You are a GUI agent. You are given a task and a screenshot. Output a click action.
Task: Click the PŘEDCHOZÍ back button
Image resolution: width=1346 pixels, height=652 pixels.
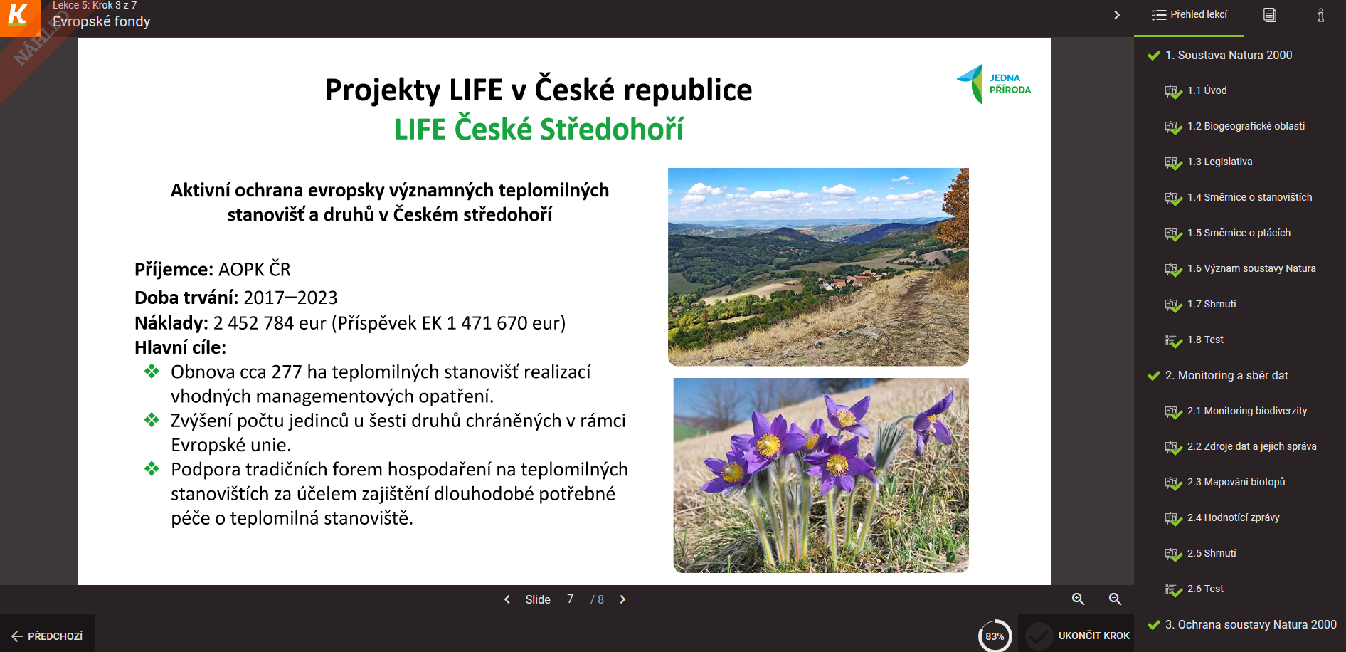pos(47,636)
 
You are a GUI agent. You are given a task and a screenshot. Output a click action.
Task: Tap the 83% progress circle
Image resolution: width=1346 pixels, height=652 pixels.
pos(995,636)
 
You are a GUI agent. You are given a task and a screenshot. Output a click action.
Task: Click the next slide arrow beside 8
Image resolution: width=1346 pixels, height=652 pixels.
pos(622,599)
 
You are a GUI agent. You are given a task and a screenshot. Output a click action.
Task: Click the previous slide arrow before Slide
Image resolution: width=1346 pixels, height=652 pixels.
pos(507,599)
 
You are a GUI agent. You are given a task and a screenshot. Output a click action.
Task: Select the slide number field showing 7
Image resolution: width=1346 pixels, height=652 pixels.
pos(571,599)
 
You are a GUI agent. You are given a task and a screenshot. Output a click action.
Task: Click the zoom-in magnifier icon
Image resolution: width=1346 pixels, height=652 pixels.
pos(1079,599)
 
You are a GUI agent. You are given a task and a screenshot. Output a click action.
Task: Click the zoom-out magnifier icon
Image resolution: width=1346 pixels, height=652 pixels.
pos(1116,599)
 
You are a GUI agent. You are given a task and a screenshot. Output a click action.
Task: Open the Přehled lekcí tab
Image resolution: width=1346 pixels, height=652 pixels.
pos(1189,15)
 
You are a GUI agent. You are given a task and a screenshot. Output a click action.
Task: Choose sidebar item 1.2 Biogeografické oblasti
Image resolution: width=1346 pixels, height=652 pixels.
pos(1246,126)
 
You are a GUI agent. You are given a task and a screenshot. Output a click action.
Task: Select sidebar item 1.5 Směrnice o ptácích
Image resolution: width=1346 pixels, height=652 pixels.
pos(1239,233)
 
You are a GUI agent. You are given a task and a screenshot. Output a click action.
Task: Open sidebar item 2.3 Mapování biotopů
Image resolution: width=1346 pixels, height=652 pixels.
pos(1236,482)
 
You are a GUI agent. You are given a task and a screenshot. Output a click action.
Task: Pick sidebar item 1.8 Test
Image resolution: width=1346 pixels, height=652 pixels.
pos(1205,340)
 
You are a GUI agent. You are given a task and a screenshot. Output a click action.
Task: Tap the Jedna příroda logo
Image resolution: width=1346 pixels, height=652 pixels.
pos(993,84)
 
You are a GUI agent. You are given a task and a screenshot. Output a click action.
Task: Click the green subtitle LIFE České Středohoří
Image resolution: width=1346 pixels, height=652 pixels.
pos(539,129)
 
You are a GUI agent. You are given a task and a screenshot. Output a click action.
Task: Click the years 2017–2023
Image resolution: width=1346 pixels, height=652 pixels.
pos(290,298)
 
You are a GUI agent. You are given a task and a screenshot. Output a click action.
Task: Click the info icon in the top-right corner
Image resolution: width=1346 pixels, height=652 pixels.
pos(1320,15)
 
